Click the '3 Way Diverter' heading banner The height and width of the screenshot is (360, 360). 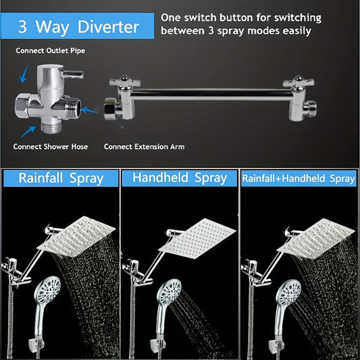coord(78,26)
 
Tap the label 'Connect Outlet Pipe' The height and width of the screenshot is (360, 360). coord(51,51)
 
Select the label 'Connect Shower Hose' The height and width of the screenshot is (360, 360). coord(51,147)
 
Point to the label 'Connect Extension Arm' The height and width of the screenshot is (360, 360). coord(144,147)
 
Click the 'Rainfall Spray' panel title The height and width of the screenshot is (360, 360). coord(61,178)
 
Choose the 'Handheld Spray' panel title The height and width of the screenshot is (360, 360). coord(180,178)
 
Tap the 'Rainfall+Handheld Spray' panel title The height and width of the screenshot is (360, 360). coord(299,178)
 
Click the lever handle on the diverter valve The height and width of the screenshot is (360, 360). coord(73,74)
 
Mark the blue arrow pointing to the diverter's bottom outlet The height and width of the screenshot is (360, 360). coord(28,132)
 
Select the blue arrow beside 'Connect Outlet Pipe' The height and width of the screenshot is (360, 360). coord(24,74)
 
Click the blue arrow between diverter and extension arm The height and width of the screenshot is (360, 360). coord(89,110)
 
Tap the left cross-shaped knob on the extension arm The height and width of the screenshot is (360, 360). coord(125,82)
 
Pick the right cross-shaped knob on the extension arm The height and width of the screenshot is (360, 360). coord(299,82)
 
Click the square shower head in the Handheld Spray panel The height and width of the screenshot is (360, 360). coord(197,239)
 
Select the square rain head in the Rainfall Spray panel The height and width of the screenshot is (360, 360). coord(76,236)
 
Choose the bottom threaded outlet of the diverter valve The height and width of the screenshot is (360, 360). coord(51,127)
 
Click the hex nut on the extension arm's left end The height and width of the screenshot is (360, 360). coord(110,109)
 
